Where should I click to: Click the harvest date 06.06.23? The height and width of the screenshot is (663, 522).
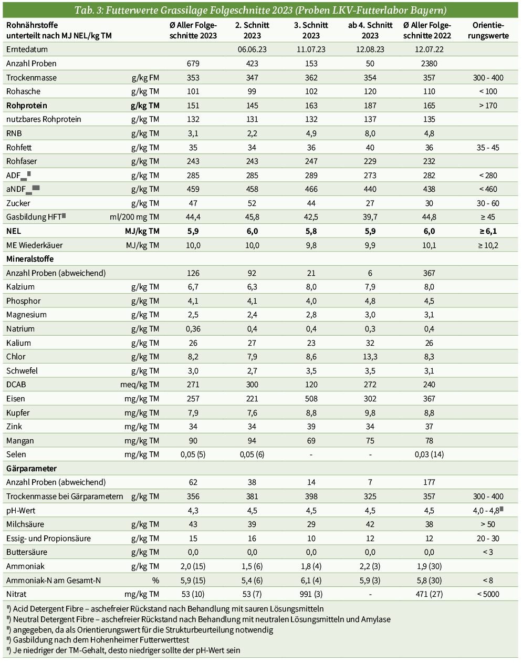point(252,49)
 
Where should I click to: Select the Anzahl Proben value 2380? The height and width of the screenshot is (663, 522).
point(429,64)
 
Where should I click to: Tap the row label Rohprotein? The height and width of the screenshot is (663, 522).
point(27,106)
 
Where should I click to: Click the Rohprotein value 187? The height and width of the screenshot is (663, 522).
point(370,106)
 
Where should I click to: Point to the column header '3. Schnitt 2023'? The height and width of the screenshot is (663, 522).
point(311,30)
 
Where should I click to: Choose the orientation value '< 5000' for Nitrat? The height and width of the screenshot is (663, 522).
point(488,594)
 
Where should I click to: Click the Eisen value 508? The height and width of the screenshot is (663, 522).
point(311,399)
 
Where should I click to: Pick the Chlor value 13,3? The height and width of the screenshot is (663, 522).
point(370,357)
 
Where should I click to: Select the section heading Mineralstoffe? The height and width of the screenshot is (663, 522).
point(30,259)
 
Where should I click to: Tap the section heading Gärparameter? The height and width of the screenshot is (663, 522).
point(32,469)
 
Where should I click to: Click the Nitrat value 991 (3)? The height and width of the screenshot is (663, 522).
point(311,594)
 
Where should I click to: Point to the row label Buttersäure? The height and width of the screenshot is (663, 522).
point(27,552)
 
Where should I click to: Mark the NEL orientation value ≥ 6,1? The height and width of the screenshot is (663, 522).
point(488,231)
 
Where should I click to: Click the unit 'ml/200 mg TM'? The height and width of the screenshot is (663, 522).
point(134,217)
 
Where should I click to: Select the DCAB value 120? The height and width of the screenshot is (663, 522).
point(311,385)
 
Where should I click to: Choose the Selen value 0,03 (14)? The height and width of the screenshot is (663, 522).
point(429,454)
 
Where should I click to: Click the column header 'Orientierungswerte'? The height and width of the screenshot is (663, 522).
point(488,30)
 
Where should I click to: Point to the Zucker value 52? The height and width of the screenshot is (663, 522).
point(252,203)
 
